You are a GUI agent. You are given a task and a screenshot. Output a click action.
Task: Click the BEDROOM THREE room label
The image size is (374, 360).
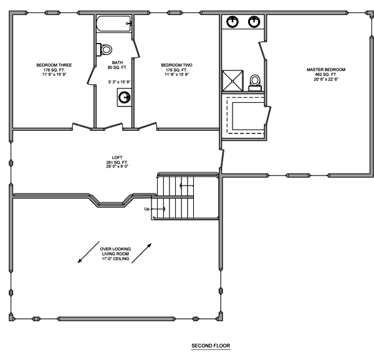[x=54, y=65]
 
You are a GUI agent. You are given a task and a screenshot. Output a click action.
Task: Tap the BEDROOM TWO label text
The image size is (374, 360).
[x=177, y=65]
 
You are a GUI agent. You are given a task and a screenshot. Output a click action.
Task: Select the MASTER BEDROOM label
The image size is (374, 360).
[x=326, y=70]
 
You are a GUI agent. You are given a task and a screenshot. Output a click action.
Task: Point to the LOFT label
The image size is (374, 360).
[x=117, y=158]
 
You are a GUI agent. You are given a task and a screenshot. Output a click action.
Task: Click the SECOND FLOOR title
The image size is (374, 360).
[x=211, y=346]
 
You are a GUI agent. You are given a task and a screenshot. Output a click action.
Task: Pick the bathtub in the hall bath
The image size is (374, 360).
[x=114, y=24]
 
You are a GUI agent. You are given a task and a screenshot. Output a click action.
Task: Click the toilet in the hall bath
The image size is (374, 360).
[x=104, y=50]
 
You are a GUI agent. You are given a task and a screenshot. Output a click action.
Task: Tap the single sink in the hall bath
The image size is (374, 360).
[x=125, y=97]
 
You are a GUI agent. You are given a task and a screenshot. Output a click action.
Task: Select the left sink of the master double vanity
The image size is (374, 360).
[x=233, y=22]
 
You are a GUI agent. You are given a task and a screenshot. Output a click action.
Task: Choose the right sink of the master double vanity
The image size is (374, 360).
[x=254, y=22]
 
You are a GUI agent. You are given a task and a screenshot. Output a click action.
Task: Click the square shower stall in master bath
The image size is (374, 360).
[x=233, y=81]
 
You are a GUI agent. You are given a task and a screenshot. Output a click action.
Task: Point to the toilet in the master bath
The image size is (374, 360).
[x=255, y=83]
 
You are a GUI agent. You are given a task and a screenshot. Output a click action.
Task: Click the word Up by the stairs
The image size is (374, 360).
[x=146, y=209]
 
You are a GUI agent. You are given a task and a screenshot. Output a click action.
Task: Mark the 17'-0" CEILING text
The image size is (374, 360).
[x=115, y=258]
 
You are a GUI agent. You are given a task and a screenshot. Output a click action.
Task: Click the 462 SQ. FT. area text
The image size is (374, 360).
[x=326, y=74]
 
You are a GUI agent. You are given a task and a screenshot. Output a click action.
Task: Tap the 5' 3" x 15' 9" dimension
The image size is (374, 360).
[x=119, y=82]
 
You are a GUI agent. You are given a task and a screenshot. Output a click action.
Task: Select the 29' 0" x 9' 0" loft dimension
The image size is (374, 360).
[x=117, y=166]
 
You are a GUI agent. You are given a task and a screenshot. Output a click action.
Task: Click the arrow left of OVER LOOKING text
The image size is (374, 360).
[x=89, y=252]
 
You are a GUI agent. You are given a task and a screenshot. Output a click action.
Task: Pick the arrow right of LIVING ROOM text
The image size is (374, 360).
[x=141, y=253]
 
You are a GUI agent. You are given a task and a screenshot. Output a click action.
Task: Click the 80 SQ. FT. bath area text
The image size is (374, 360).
[x=117, y=67]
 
